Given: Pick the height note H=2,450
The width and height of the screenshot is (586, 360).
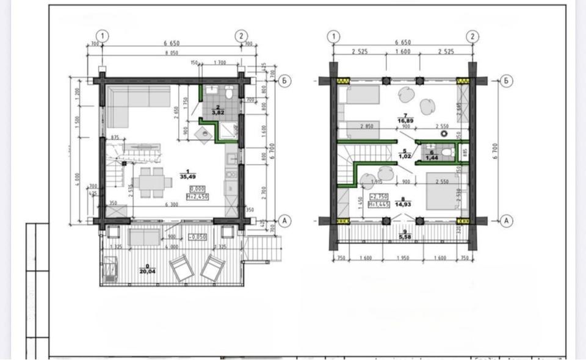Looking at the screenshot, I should (x=200, y=197).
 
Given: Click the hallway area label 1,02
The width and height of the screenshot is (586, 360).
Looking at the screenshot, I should (x=404, y=156).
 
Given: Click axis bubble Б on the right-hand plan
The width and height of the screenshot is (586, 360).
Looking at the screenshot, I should (x=505, y=81).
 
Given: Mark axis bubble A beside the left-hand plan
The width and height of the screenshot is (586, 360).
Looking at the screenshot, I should (x=283, y=220).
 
